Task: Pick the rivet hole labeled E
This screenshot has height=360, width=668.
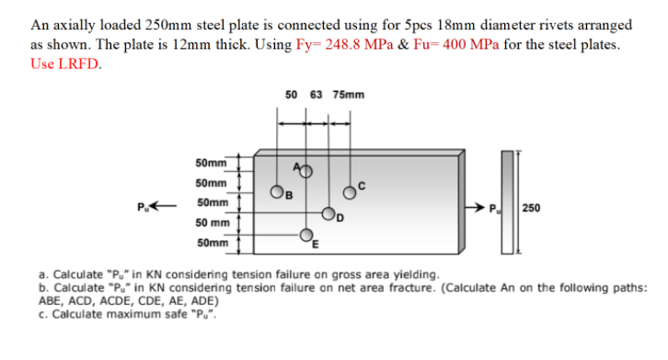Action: (x=308, y=237)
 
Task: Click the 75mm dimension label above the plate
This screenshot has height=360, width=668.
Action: (x=349, y=94)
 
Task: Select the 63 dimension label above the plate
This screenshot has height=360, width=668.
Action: (x=317, y=94)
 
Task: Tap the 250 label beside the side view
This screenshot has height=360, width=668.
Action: (x=531, y=207)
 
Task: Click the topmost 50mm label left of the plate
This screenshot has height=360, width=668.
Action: (x=212, y=163)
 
